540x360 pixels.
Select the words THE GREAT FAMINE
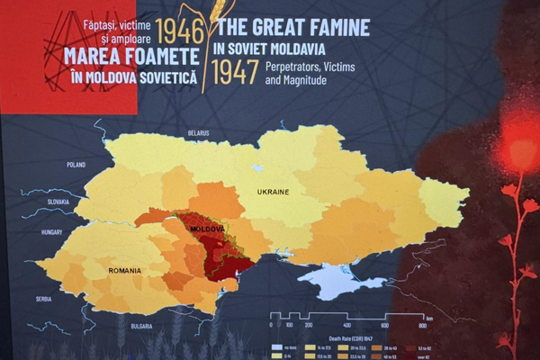(293, 27)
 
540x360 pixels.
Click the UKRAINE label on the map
(273, 193)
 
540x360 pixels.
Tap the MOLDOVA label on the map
(206, 230)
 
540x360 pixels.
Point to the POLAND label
(76, 165)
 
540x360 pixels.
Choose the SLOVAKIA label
(40, 202)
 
